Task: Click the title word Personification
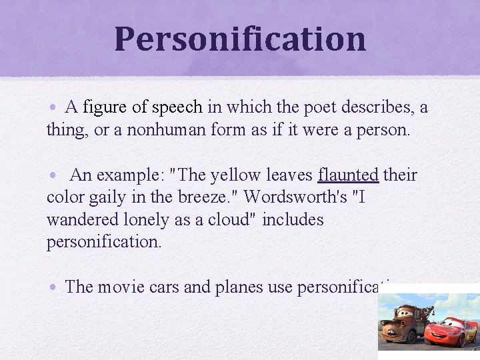point(240,39)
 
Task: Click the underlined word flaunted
point(348,175)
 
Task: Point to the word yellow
point(231,175)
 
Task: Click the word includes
point(293,220)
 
